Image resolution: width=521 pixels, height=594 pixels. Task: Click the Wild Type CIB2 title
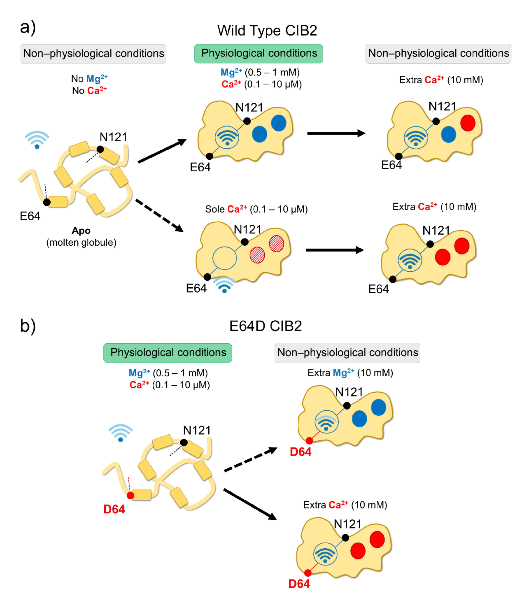[x=267, y=30]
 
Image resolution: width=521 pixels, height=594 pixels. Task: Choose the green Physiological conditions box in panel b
[x=167, y=353]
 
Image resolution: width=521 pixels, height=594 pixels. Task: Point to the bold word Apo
[x=81, y=231]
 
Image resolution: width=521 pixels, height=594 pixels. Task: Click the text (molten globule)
[x=81, y=242]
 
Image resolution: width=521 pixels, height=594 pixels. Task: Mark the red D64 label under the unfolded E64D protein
[x=114, y=509]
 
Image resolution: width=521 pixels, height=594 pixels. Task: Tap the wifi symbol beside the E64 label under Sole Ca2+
[x=224, y=285]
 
